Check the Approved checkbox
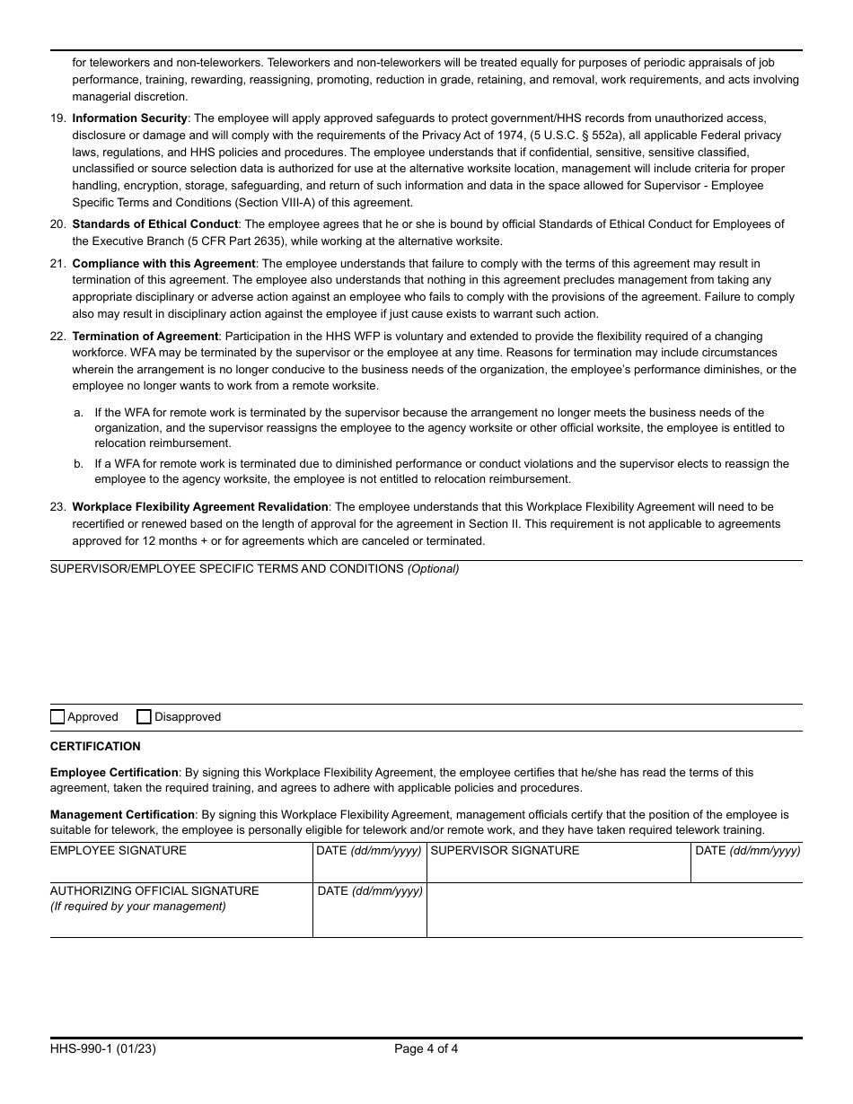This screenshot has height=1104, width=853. [x=57, y=717]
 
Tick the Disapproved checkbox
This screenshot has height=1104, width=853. [x=144, y=717]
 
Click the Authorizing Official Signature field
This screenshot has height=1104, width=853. [x=180, y=921]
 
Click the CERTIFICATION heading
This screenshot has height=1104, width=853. [x=95, y=747]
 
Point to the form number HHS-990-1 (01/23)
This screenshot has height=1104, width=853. [x=103, y=1048]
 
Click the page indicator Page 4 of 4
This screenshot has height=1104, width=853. [x=426, y=1048]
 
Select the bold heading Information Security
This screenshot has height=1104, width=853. [x=129, y=118]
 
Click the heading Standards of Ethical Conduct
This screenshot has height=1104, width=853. [x=154, y=224]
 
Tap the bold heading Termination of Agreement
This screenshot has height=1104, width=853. [x=145, y=337]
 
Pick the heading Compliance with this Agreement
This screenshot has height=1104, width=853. [x=163, y=264]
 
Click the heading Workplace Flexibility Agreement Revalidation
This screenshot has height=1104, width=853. [x=200, y=507]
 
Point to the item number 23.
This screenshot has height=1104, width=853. [x=57, y=507]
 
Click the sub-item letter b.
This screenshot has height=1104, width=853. [x=78, y=464]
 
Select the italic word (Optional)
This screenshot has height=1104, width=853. [x=433, y=569]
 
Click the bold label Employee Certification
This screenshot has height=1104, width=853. [x=114, y=773]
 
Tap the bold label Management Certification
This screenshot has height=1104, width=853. [x=122, y=815]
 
